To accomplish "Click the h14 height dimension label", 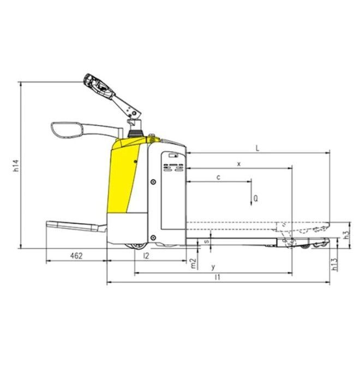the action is coord(16,165).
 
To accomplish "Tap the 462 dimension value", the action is coord(76,255).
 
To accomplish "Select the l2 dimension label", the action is coord(146,255).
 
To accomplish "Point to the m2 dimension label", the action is coord(193,264).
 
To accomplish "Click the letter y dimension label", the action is coord(213,267).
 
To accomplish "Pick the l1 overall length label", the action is coord(218,277).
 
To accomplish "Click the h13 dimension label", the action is coord(334,264).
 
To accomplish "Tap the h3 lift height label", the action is coord(347,234).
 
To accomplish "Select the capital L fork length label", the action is coord(257,148).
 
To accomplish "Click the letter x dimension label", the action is coord(239,164).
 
